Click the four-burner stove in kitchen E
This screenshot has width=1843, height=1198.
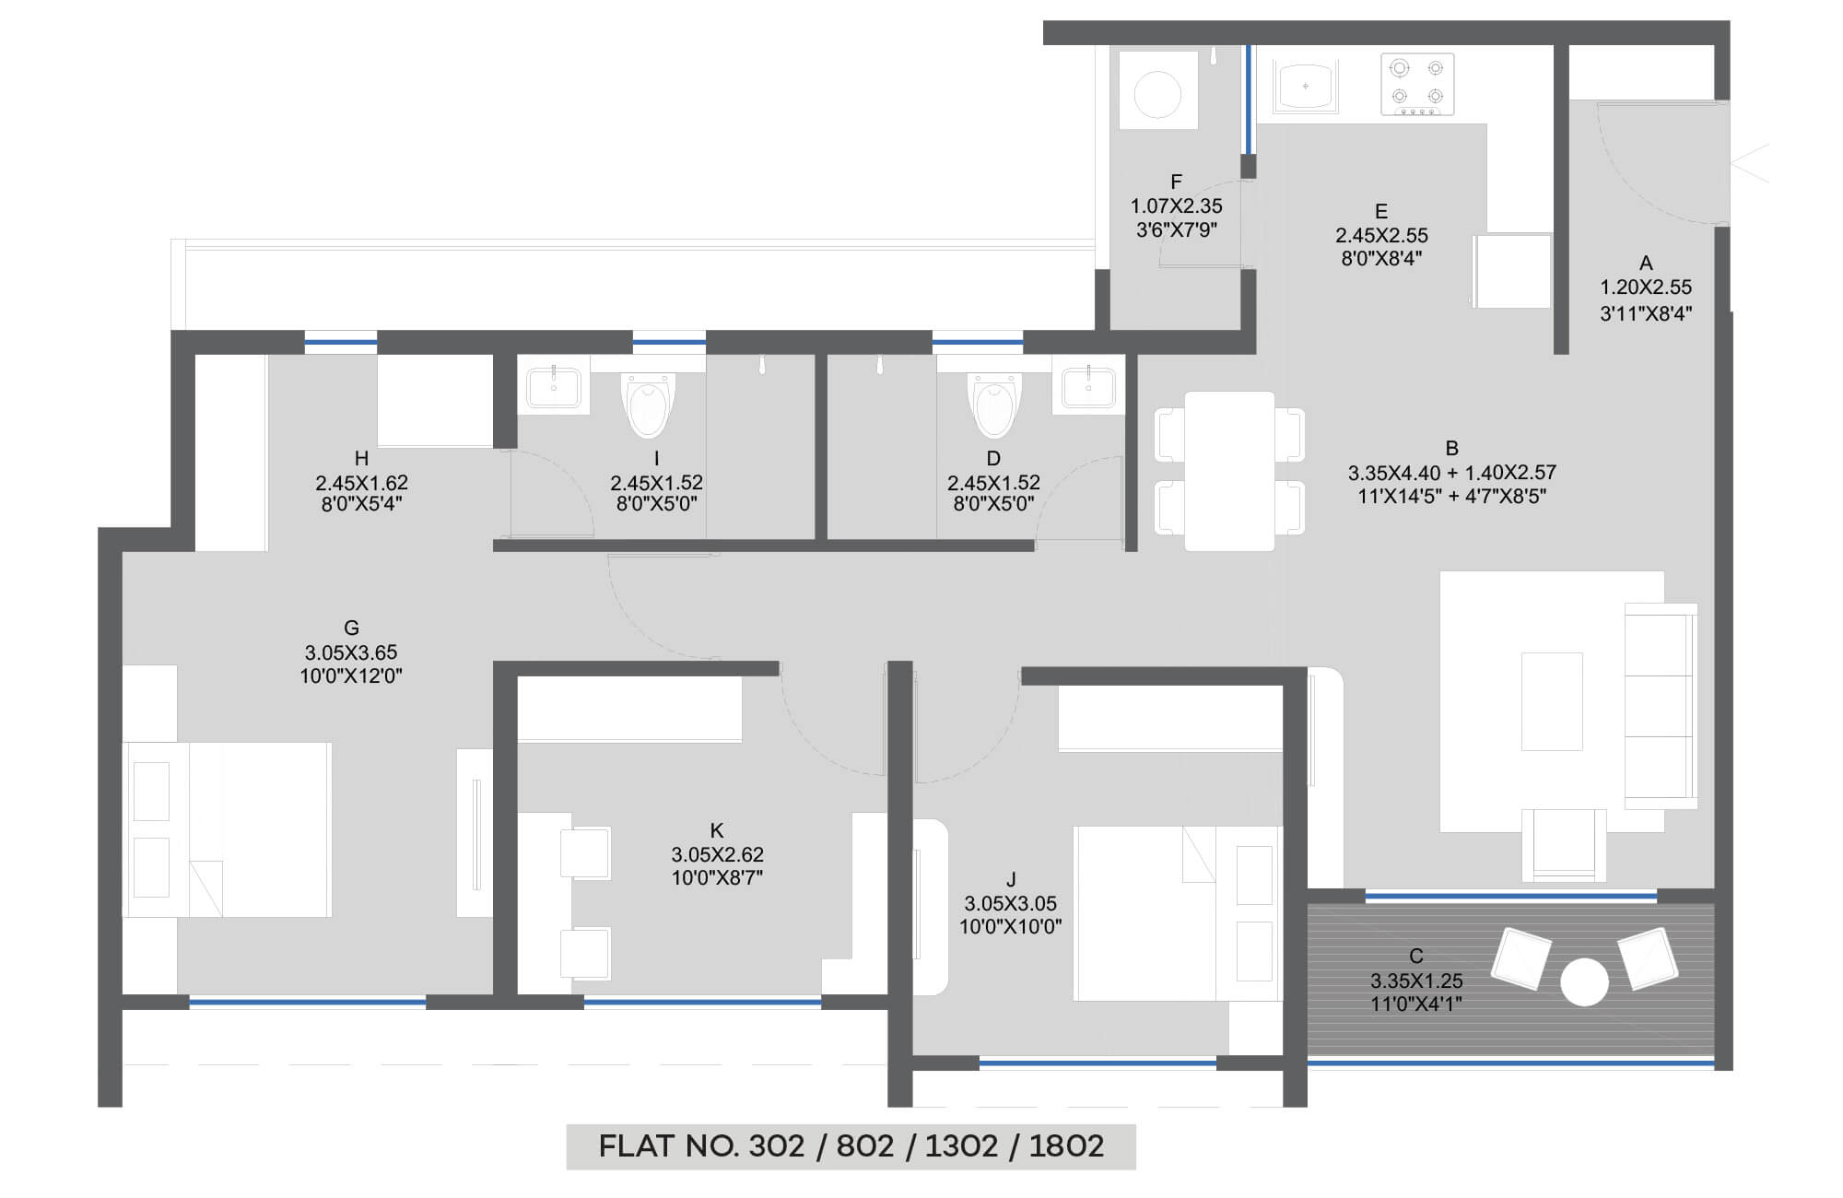coord(1417,84)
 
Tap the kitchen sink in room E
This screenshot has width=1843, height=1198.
coord(1305,86)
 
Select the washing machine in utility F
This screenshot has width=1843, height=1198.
coord(1158,90)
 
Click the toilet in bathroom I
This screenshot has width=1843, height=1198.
coord(649,404)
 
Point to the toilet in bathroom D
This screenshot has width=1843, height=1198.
coord(993,404)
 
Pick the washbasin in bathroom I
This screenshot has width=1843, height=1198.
coord(553,388)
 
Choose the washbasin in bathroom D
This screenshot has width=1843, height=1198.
coord(1088,388)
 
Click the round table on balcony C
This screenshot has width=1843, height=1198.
coord(1584,982)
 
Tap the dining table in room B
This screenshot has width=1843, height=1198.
coord(1229,471)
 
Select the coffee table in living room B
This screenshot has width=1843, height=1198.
coord(1552,700)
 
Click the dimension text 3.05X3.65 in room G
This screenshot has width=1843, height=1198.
coord(351,652)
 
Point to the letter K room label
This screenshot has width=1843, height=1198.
coord(717,829)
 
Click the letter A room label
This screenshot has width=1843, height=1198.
coord(1646,263)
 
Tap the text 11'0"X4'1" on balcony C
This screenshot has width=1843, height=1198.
coord(1416,1004)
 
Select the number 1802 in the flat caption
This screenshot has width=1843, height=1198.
coord(1066,1145)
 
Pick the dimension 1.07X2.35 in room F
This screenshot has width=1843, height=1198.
coord(1177,206)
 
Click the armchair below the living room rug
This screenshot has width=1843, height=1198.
coord(1564,845)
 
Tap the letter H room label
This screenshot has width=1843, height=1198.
coord(361,458)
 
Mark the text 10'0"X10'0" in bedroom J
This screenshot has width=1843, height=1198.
coord(1011,926)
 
